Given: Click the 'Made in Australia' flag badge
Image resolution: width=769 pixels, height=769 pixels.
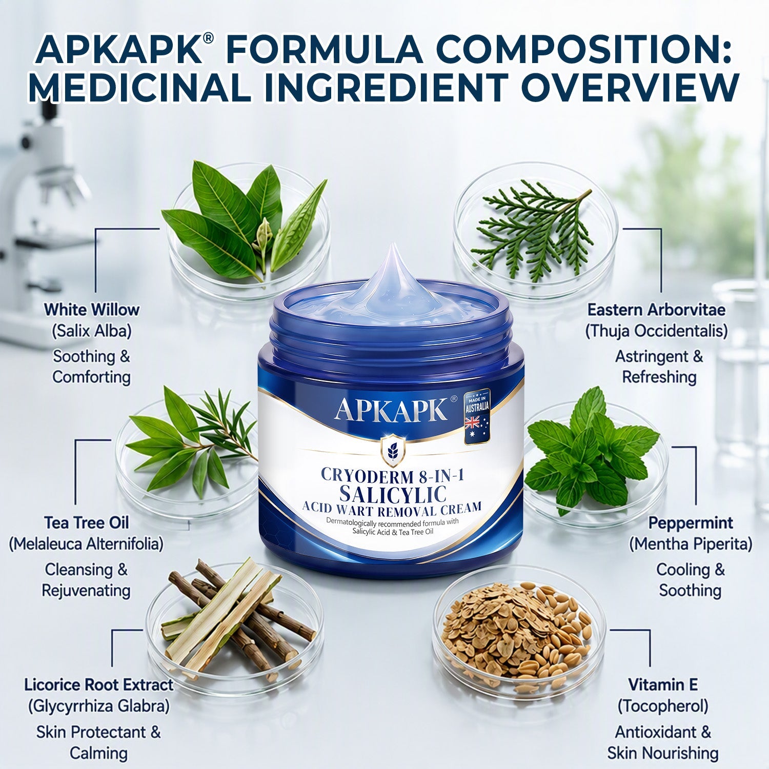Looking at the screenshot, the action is tap(477, 416).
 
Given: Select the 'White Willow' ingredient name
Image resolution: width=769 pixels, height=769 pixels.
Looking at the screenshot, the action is tap(91, 310).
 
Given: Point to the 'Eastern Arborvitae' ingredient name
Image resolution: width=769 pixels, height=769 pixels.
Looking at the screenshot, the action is tap(656, 310).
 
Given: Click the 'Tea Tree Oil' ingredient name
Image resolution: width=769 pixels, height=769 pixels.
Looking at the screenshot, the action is tap(86, 523).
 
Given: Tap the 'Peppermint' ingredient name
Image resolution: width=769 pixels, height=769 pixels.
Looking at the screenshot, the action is tap(691, 523).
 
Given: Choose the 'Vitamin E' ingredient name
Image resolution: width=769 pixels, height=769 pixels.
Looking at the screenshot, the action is tap(663, 685).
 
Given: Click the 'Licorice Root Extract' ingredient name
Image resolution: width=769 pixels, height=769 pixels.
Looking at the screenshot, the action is tap(98, 685).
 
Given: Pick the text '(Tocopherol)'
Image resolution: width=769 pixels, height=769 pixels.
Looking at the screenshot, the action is tap(663, 706).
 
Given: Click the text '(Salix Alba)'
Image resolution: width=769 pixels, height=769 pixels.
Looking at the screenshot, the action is tap(91, 331).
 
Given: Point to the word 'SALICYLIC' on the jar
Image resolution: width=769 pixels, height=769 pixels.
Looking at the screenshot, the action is tap(393, 494).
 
